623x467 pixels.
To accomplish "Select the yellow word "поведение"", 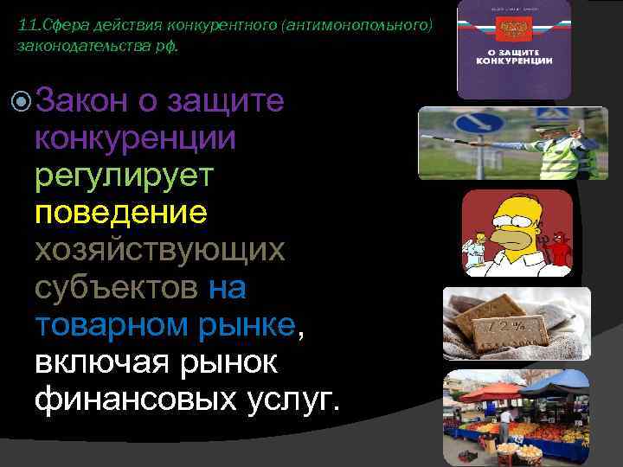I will [120, 212].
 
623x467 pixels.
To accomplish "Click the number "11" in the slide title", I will [26, 28].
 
